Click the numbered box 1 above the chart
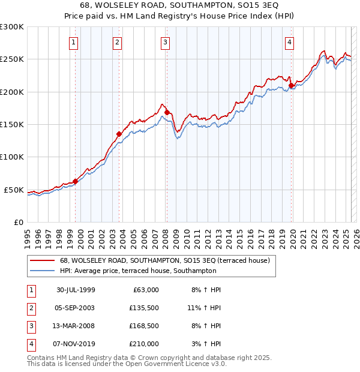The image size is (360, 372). pyautogui.click(x=73, y=42)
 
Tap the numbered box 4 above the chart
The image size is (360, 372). pyautogui.click(x=289, y=42)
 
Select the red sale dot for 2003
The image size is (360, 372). pyautogui.click(x=119, y=134)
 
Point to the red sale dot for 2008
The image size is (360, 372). pyautogui.click(x=167, y=112)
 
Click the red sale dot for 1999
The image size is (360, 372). pyautogui.click(x=76, y=181)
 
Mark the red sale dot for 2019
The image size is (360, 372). pyautogui.click(x=291, y=85)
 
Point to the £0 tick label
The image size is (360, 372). pyautogui.click(x=18, y=222)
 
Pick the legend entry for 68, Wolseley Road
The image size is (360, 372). pyautogui.click(x=164, y=260)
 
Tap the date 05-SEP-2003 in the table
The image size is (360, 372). pyautogui.click(x=75, y=308)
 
